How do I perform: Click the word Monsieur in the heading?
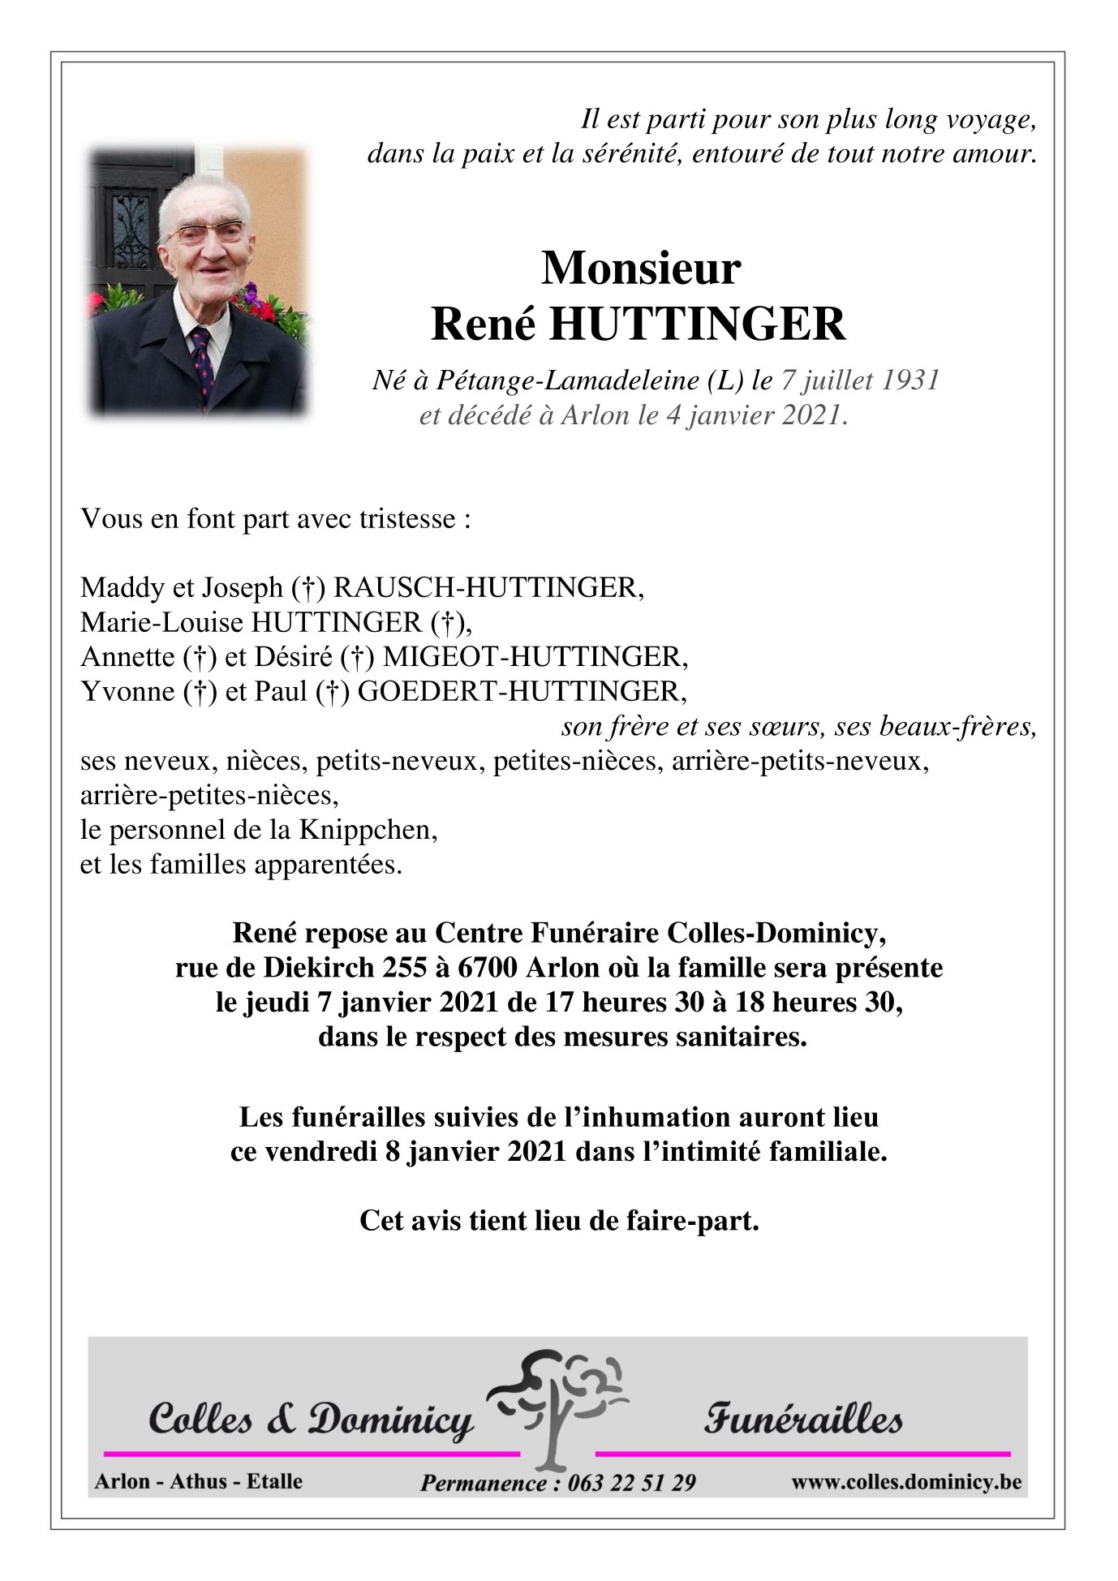click(640, 269)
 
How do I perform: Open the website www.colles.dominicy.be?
click(905, 1482)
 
